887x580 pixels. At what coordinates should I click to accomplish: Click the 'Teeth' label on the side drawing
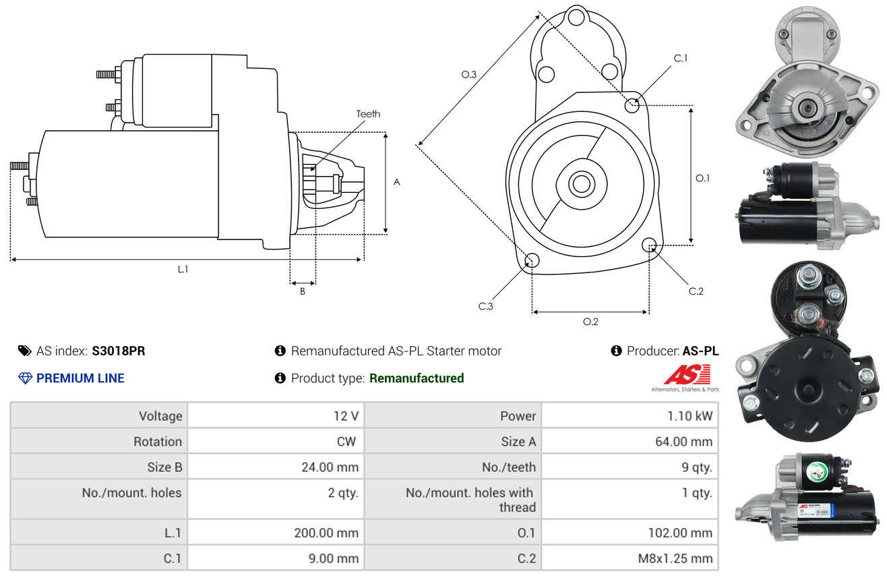coord(368,114)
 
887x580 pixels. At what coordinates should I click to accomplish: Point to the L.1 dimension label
coord(183,269)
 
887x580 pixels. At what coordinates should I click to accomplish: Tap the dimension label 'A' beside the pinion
coord(397,182)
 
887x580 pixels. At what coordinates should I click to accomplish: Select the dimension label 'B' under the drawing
coord(303,292)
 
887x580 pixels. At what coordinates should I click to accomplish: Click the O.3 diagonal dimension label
coord(469,75)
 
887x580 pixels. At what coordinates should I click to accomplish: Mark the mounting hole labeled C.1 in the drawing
coord(632,105)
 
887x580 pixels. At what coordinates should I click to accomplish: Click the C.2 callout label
coord(696,291)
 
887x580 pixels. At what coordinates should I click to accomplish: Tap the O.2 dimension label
coord(590,322)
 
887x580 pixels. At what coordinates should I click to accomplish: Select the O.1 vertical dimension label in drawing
coord(703,178)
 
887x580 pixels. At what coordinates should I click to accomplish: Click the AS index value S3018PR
coord(119,351)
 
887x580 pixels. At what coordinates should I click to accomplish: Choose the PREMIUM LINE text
coord(80,378)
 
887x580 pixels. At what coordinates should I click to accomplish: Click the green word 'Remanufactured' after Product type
coord(417,378)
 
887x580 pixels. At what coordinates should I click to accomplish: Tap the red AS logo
coord(687,375)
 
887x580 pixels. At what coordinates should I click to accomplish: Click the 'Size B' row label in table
coord(164,467)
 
